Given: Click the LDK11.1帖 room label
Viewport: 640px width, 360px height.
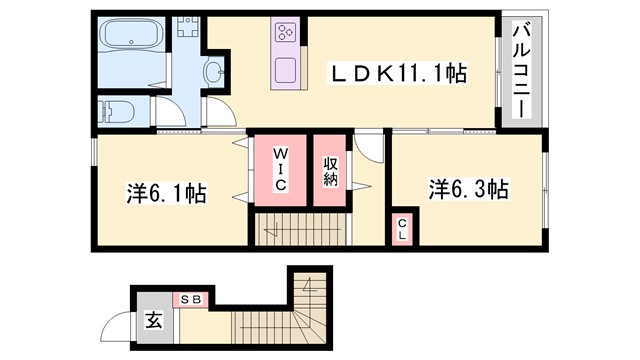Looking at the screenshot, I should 399,73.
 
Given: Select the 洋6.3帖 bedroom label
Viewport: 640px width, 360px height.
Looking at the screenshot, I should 470,189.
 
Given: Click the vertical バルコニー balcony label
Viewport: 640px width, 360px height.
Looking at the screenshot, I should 522,72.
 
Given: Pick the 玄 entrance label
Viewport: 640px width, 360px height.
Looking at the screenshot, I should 155,322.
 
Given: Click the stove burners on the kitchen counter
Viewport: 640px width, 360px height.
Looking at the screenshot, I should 283,32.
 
